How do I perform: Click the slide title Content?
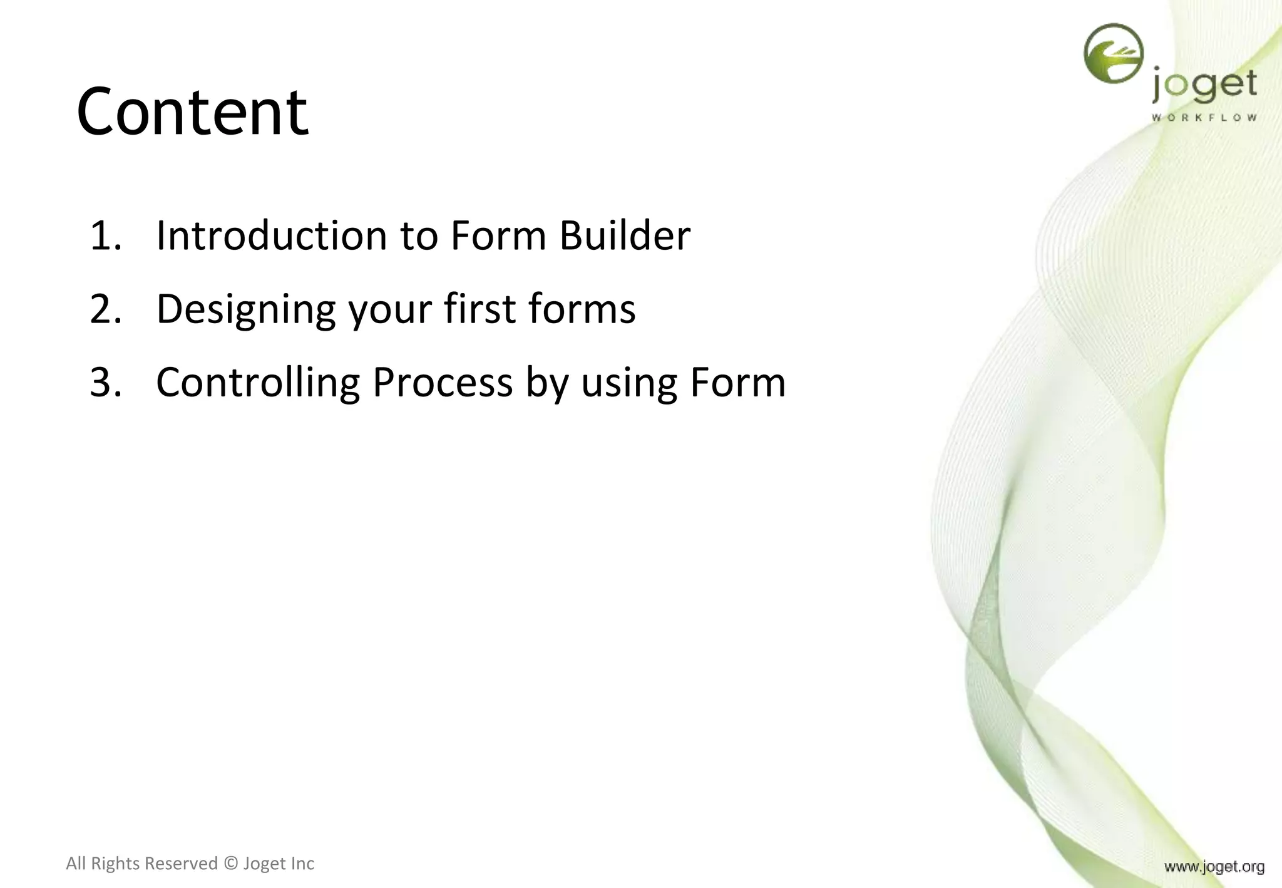pos(192,113)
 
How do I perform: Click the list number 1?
pos(105,236)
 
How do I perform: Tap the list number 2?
pos(105,309)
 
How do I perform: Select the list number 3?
pos(105,382)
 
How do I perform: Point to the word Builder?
pos(624,236)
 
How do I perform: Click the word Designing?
pos(246,309)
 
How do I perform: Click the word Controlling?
pos(258,382)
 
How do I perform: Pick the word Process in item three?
pos(443,382)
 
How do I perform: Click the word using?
pos(629,383)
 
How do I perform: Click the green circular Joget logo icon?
pos(1113,53)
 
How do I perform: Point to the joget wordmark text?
pos(1204,86)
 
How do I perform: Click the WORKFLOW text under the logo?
pos(1204,118)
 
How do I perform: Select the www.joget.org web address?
pos(1214,867)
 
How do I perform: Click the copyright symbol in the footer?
pos(230,864)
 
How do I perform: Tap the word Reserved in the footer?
pos(181,864)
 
